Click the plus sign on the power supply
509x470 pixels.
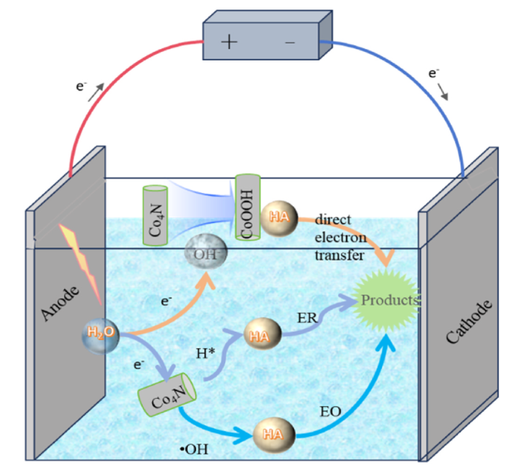(229, 43)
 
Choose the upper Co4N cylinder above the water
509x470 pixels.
(154, 214)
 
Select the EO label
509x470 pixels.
(332, 412)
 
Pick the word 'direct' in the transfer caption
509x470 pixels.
(332, 221)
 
